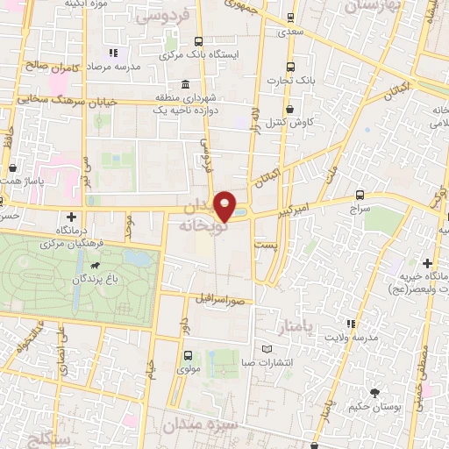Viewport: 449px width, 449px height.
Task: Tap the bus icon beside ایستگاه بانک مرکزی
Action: click(199, 40)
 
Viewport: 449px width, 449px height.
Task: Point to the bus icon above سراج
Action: click(360, 196)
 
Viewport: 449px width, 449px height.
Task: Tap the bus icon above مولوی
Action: click(189, 355)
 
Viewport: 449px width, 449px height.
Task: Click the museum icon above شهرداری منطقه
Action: click(185, 84)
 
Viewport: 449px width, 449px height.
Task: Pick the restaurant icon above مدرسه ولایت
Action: click(352, 324)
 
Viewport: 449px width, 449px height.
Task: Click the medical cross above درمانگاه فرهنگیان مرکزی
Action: click(70, 216)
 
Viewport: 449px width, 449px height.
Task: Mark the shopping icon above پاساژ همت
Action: click(13, 166)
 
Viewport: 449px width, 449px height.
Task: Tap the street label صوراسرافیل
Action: click(212, 297)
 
